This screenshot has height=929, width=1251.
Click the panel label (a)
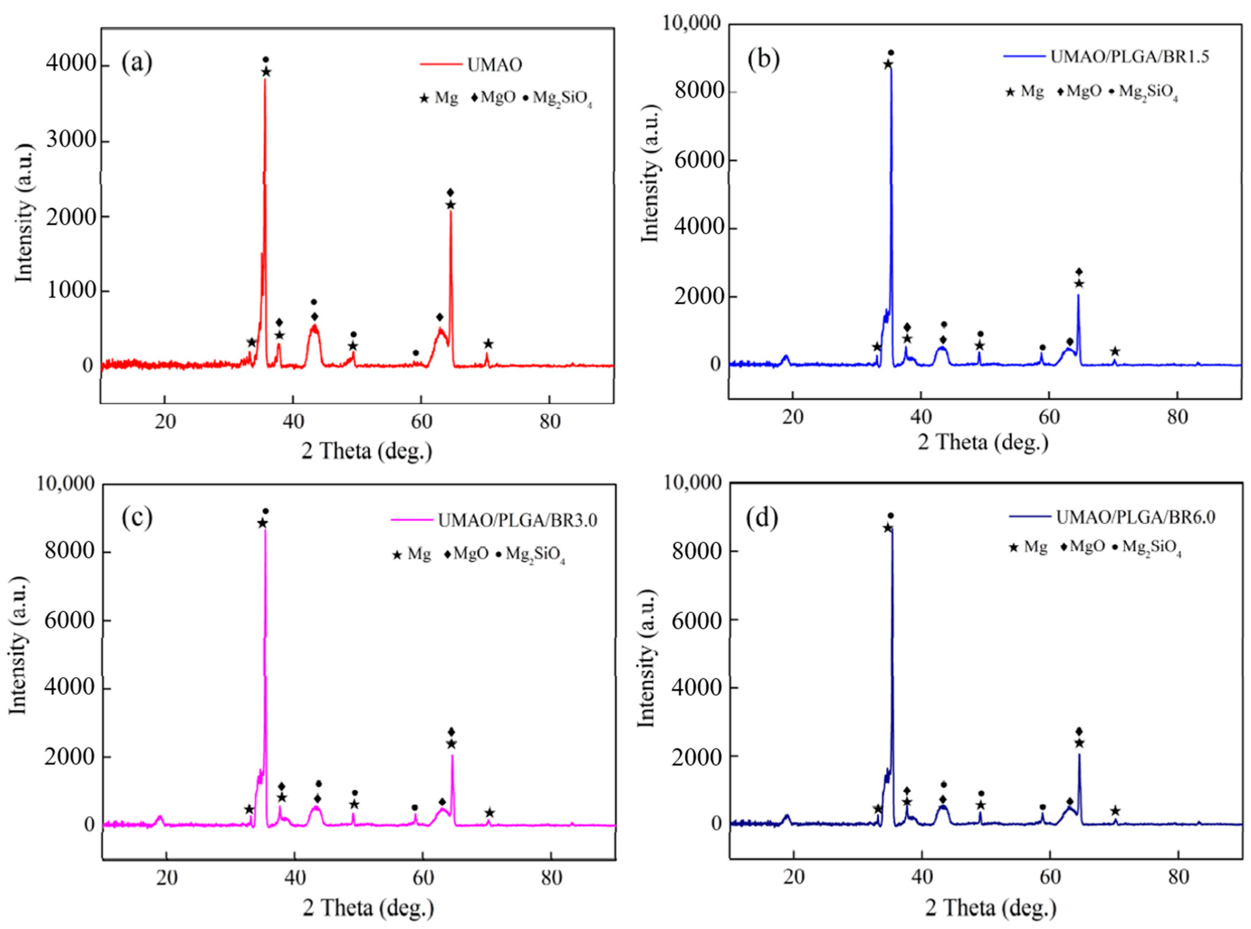click(x=137, y=62)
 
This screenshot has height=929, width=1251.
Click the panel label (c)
click(x=137, y=518)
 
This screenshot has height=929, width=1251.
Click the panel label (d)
click(x=762, y=518)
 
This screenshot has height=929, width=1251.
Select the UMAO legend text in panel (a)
click(x=494, y=65)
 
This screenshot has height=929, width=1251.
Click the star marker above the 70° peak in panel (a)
click(x=488, y=343)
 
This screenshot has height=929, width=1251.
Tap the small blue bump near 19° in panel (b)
click(x=786, y=358)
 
